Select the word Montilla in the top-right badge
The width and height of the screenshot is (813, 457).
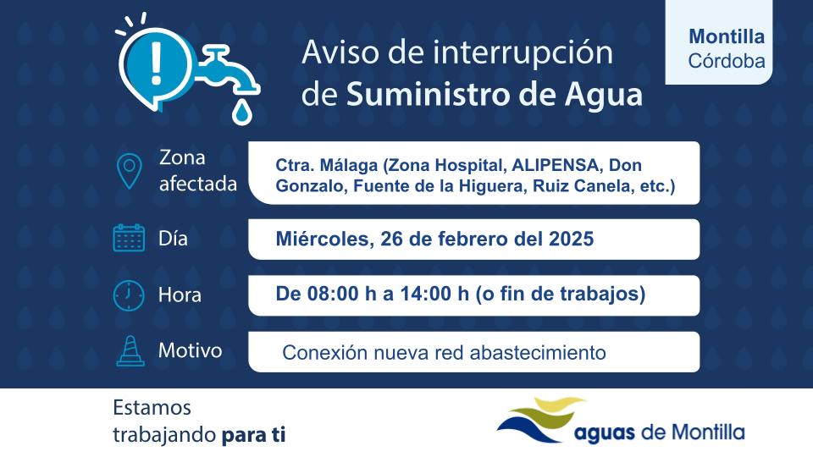[727, 37]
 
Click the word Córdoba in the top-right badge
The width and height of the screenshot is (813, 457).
[727, 62]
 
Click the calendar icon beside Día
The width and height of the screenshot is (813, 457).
[129, 238]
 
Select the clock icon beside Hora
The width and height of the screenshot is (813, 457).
[129, 295]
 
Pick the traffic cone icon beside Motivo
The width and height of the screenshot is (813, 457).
[129, 351]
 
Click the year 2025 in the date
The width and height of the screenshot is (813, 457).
[566, 240]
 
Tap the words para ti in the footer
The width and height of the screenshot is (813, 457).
[253, 436]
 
